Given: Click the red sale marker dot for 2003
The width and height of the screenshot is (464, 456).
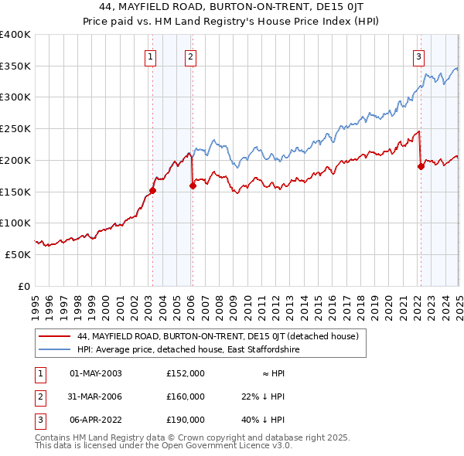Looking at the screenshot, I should coord(152,190).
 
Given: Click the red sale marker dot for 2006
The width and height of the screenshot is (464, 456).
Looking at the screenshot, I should coord(193,185).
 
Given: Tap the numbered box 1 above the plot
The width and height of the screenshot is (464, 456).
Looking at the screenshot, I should coord(149,56).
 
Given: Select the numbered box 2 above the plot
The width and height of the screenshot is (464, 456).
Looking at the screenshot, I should coord(189,56).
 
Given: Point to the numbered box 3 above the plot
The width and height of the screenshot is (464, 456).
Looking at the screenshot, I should coord(418,56).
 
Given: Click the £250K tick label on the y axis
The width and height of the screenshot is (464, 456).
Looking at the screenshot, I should coord(15,128).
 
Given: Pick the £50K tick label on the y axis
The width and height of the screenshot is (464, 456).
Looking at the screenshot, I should coord(19,254).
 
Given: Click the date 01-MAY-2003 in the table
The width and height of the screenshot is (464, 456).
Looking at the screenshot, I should coord(96,373).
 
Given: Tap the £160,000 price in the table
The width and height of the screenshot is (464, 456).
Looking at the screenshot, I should coord(186,396).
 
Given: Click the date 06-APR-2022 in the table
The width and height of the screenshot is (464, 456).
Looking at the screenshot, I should coord(96,420).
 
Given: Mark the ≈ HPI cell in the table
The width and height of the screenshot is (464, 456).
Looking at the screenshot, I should coord(270,373).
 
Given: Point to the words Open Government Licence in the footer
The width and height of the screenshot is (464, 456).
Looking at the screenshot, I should coord(218,446).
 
